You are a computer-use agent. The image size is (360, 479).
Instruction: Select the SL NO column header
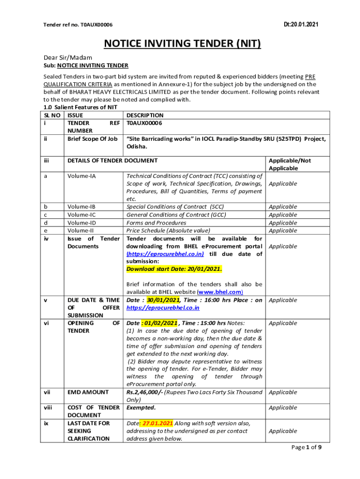[52, 115]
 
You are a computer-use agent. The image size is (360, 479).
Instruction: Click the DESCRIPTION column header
[145, 115]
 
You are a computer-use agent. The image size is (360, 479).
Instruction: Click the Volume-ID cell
[82, 223]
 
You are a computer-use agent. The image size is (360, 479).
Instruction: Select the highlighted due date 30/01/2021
[164, 300]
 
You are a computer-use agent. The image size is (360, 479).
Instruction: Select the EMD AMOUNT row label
[88, 392]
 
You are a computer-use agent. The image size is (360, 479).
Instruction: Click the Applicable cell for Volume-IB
[283, 207]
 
